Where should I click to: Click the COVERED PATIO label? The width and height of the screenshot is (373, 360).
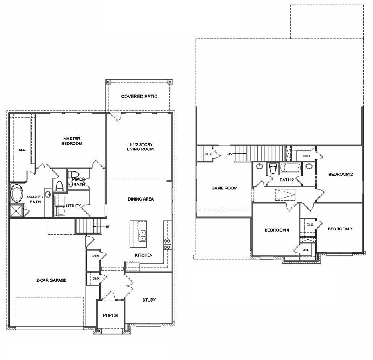point(139,96)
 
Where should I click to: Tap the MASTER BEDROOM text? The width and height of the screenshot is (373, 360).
point(72,141)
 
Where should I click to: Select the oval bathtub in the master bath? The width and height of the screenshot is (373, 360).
point(17,193)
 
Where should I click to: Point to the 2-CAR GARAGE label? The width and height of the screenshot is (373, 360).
point(51,280)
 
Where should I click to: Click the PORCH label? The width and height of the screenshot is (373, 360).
point(110,315)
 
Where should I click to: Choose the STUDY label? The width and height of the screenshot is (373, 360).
point(149,300)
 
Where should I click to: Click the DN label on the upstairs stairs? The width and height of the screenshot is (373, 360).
point(230,154)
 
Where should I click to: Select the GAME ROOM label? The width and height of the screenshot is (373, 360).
point(224,188)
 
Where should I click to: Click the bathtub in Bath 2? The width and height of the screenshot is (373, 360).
point(291,168)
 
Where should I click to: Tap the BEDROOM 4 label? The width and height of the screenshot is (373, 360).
point(277,230)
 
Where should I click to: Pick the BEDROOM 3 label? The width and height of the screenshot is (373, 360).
point(340,229)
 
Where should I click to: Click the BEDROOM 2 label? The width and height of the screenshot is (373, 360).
point(341,174)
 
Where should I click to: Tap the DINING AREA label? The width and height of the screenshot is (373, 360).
point(140,199)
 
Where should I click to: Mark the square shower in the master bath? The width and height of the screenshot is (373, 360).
point(16,210)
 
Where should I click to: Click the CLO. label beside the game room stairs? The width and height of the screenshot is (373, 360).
point(208,154)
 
